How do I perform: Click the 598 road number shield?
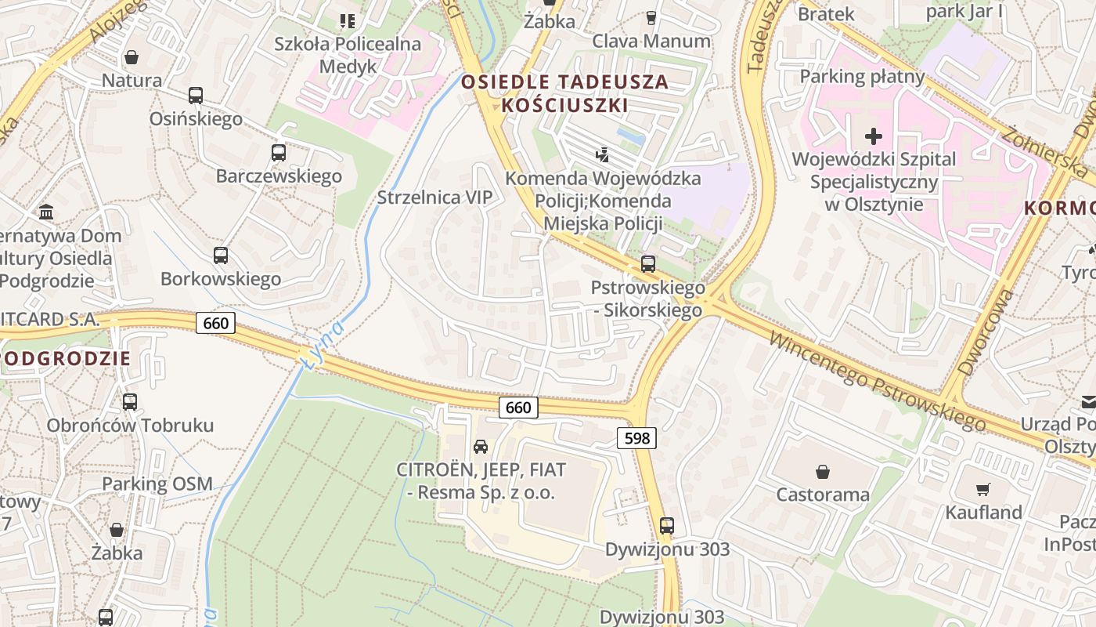637,438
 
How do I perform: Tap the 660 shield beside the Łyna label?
215,323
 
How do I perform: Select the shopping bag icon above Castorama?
823,471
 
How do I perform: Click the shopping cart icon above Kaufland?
983,490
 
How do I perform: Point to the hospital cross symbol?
873,136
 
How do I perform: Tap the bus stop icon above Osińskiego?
195,96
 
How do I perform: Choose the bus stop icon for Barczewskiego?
279,153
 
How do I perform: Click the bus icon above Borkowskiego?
221,256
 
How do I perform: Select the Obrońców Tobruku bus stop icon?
130,402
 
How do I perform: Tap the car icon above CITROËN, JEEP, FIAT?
480,447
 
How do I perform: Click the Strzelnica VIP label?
435,198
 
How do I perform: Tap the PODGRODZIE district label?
66,359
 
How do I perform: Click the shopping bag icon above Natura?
132,57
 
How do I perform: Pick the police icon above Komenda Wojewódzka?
602,154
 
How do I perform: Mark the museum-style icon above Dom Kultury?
46,212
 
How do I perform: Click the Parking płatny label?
862,77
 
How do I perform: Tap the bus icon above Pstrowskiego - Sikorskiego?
647,264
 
